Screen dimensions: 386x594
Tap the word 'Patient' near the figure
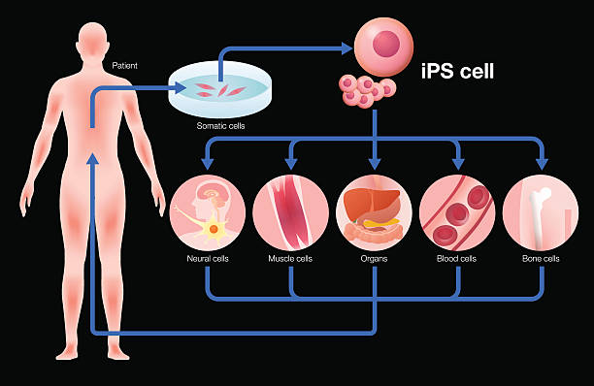(x=124, y=65)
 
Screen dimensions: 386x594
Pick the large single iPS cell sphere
(x=383, y=47)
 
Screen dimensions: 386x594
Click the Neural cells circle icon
(x=207, y=212)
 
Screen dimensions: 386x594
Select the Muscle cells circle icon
(x=290, y=212)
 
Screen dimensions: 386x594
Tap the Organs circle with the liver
(x=374, y=212)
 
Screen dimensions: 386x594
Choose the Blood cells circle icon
(x=457, y=212)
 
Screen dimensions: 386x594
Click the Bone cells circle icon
(x=541, y=212)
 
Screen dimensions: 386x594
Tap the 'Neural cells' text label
(x=207, y=259)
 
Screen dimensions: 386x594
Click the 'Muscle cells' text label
(x=290, y=259)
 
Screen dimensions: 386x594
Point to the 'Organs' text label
(x=374, y=259)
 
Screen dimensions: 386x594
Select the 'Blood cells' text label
(x=457, y=259)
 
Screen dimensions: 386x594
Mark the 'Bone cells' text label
(x=541, y=259)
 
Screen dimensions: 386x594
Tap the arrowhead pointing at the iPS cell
(x=346, y=46)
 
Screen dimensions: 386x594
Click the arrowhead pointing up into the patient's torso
(x=92, y=162)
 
